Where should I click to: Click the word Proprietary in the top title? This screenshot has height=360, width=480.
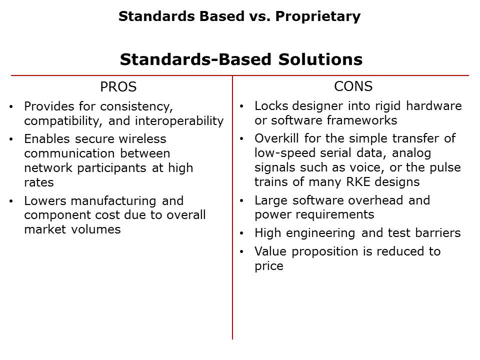pyautogui.click(x=318, y=16)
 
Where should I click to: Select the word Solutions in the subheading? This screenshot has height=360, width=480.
pyautogui.click(x=320, y=59)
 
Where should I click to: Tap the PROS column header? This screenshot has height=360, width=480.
pyautogui.click(x=118, y=87)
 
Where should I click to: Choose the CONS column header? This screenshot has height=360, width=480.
pyautogui.click(x=353, y=86)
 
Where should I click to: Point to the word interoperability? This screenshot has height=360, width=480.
pyautogui.click(x=179, y=121)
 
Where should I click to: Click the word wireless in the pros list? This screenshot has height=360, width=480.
pyautogui.click(x=142, y=139)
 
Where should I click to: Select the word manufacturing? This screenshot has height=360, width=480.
pyautogui.click(x=113, y=201)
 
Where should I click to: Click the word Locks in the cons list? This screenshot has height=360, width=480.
pyautogui.click(x=271, y=106)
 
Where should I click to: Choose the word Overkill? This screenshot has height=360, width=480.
pyautogui.click(x=276, y=138)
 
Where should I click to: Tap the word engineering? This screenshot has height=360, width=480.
pyautogui.click(x=320, y=233)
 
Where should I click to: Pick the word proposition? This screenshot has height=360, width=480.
pyautogui.click(x=324, y=252)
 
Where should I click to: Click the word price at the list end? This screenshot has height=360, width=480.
pyautogui.click(x=269, y=266)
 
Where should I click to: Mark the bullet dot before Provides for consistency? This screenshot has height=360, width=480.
pyautogui.click(x=11, y=107)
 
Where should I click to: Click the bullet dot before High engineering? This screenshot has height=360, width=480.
pyautogui.click(x=241, y=233)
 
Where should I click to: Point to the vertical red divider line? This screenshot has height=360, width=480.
pyautogui.click(x=232, y=207)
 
